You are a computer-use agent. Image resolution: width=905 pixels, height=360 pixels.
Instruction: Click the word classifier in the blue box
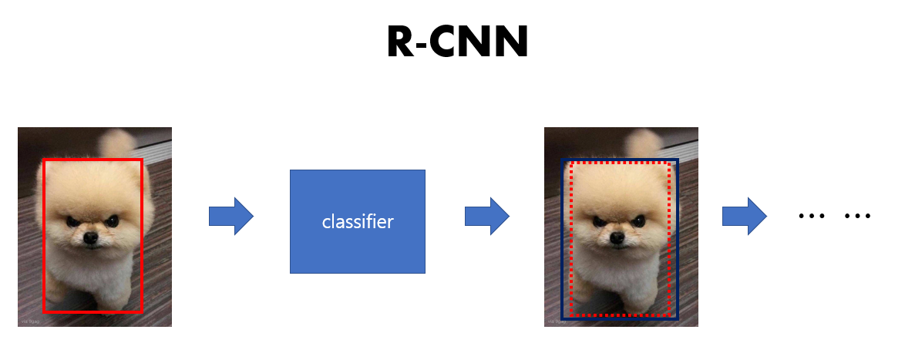(x=358, y=222)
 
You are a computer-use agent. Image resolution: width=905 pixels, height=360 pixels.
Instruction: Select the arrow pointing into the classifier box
(x=231, y=216)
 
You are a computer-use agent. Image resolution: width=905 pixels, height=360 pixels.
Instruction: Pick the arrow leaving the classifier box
(x=486, y=216)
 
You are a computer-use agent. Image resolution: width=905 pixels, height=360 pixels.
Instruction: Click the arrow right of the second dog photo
(x=744, y=216)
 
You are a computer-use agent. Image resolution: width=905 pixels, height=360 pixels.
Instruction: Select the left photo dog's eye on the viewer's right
(x=113, y=221)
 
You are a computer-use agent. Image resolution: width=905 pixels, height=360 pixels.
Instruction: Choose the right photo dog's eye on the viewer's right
(x=639, y=221)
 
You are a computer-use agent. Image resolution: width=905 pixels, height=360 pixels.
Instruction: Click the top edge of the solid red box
(x=93, y=160)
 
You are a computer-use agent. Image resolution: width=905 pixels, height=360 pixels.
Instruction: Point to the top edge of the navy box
(x=620, y=161)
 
